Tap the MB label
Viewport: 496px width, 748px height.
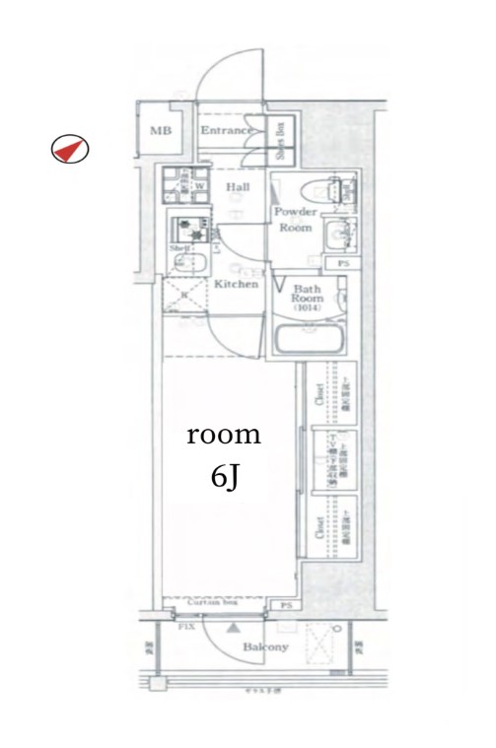tap(158, 131)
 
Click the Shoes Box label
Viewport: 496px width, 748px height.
tap(280, 138)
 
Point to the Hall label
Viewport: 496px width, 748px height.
tap(237, 187)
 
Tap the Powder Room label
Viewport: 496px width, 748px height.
tap(294, 220)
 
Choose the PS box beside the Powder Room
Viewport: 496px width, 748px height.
tap(343, 264)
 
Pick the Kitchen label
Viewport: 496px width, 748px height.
tap(237, 284)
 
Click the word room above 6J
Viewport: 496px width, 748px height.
tap(224, 434)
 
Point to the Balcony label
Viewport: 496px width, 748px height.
tap(266, 647)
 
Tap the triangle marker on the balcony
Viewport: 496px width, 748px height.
tap(234, 626)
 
